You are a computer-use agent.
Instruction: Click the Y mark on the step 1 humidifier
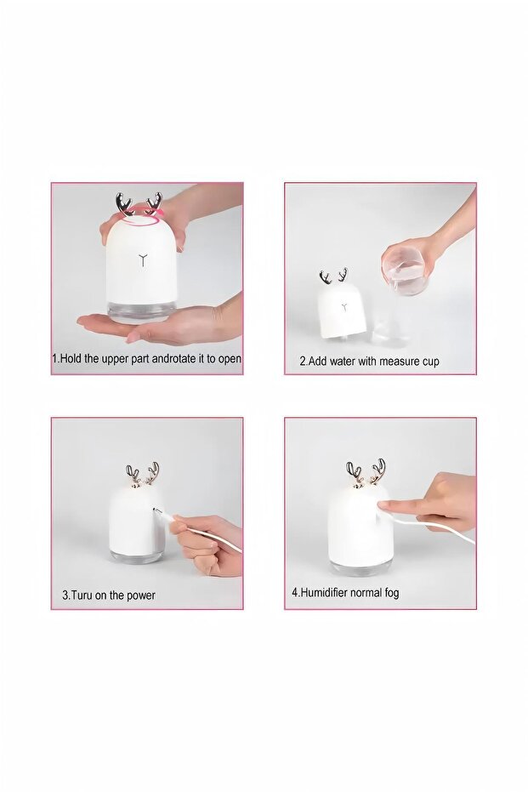pos(145,260)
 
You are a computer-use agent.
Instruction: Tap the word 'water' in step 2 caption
pos(343,362)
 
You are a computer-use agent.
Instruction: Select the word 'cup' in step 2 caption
pos(430,362)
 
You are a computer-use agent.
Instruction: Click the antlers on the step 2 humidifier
pos(333,276)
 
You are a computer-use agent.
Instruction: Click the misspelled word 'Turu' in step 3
pos(82,595)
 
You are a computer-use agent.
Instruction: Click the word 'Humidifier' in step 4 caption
pos(324,592)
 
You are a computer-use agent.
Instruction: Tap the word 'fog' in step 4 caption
pos(391,593)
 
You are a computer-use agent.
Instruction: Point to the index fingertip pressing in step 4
pos(383,504)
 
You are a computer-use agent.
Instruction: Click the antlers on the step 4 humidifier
pos(366,473)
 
